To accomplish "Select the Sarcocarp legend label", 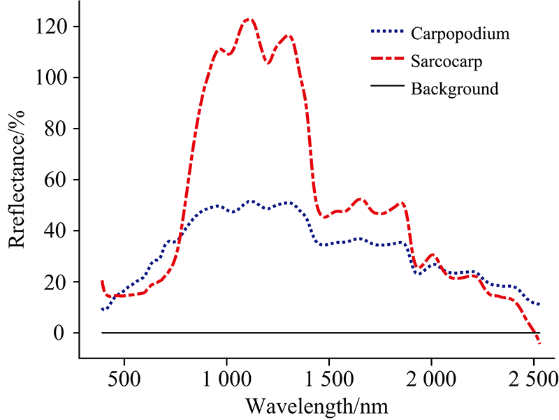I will [447, 61].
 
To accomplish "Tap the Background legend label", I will [454, 89].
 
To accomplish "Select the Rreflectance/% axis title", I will [19, 178].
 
